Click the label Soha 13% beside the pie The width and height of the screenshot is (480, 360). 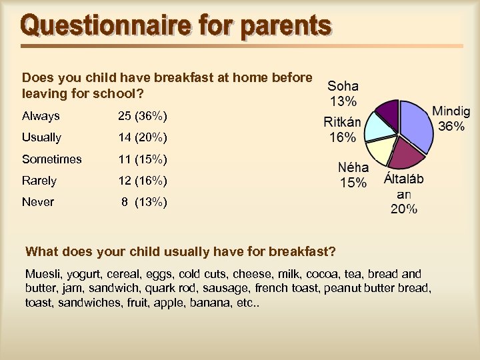point(343,93)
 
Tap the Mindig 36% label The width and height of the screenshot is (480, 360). point(451,118)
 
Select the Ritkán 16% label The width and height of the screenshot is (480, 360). point(343,129)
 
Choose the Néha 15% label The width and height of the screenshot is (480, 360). point(353,175)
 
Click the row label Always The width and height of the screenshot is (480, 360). point(41,116)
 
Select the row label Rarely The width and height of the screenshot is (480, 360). point(39,181)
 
